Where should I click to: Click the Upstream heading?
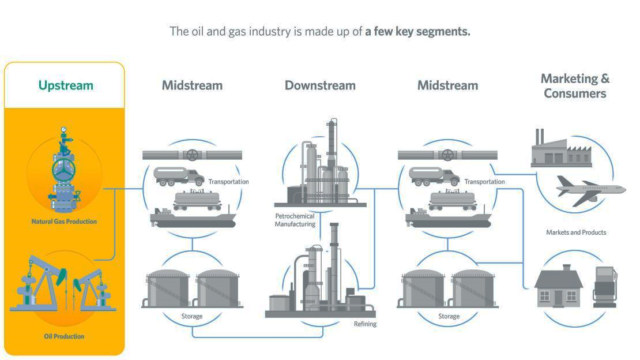tap(66, 85)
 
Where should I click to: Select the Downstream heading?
tap(320, 85)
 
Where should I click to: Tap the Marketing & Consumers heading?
tap(575, 85)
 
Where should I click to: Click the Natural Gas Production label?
tap(64, 221)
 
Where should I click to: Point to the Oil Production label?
tap(64, 336)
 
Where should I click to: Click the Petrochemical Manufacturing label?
tap(295, 220)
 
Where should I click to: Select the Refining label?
tap(365, 324)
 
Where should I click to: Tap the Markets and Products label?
tap(576, 232)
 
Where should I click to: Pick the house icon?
tap(558, 286)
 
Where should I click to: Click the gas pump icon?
tap(605, 286)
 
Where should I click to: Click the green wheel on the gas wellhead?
tap(64, 170)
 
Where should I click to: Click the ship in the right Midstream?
tap(448, 219)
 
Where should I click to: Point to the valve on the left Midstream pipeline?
tap(193, 155)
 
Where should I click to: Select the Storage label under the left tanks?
tap(192, 316)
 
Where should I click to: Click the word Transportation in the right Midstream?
tap(484, 182)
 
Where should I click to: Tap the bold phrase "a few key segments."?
tap(418, 31)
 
